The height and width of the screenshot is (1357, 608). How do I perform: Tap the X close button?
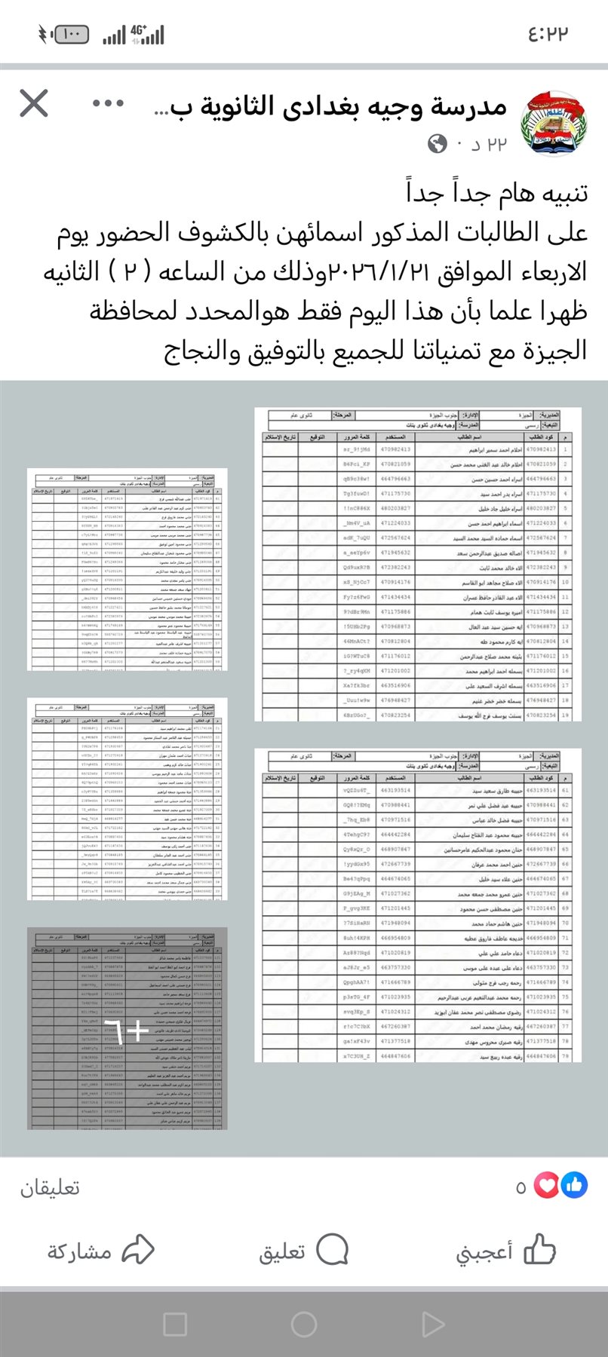(x=34, y=103)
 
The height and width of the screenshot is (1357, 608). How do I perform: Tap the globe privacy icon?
(x=438, y=143)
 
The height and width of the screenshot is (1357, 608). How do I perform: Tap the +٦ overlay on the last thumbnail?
(x=127, y=1028)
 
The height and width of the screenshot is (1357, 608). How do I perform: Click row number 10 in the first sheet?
(x=566, y=582)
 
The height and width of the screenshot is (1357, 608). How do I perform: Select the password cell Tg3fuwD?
(x=356, y=494)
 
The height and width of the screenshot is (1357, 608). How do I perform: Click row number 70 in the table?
(x=565, y=923)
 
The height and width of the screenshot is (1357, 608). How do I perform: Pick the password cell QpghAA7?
(x=356, y=982)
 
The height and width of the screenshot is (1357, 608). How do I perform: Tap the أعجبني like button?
(x=505, y=1251)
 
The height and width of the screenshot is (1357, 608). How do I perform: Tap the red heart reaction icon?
(x=547, y=1186)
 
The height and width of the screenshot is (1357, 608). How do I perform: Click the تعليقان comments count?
(x=50, y=1187)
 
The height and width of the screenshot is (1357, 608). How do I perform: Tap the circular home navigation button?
(x=304, y=1324)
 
